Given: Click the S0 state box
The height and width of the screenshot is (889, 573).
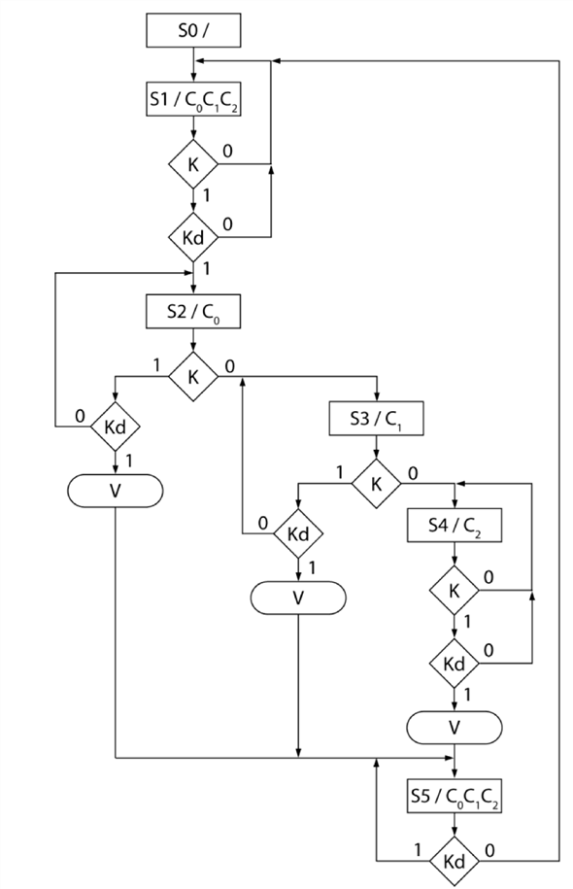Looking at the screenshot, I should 192,30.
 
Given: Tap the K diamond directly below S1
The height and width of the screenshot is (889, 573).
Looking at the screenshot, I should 192,165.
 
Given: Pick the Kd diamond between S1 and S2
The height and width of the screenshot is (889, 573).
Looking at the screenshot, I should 192,236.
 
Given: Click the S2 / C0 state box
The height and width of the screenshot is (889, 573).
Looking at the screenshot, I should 192,312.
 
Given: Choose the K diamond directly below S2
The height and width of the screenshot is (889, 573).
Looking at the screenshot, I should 192,376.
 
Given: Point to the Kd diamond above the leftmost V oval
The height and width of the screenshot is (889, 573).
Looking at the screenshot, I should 115,426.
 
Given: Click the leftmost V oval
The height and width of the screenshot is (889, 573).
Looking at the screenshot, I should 115,490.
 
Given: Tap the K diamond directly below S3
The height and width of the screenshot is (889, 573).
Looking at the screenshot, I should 376,483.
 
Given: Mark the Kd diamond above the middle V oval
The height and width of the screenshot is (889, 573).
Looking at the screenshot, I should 298,532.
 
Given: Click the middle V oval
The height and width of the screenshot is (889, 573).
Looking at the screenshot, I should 298,597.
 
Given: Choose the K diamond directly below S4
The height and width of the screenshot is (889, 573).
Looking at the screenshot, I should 454,590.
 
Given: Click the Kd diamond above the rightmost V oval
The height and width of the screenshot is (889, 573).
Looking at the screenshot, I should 454,664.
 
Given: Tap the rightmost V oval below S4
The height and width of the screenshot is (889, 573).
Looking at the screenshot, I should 454,726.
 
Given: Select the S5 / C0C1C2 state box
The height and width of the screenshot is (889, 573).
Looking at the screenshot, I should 454,798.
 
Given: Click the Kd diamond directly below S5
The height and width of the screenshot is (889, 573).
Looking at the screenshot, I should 454,860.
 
